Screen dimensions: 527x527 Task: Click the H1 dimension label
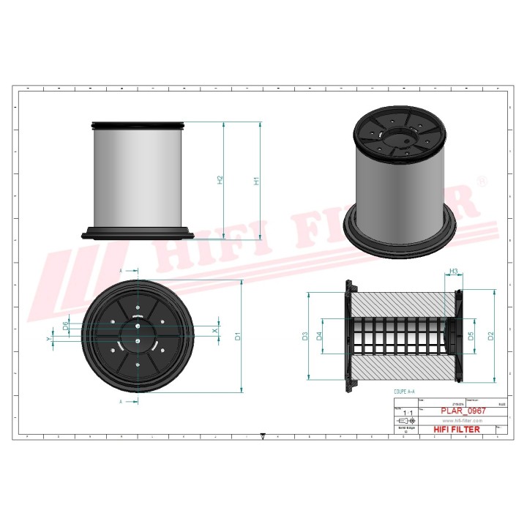pyautogui.click(x=257, y=180)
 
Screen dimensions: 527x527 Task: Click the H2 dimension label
pyautogui.click(x=220, y=179)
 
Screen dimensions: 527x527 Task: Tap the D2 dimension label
pyautogui.click(x=491, y=336)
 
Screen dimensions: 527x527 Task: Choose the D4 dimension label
pyautogui.click(x=319, y=336)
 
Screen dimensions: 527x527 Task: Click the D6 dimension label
pyautogui.click(x=66, y=325)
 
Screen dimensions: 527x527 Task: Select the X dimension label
pyautogui.click(x=214, y=332)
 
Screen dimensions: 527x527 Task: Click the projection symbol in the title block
pyautogui.click(x=403, y=422)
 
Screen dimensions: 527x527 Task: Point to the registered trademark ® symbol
pyautogui.click(x=482, y=180)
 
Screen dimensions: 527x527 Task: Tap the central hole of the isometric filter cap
pyautogui.click(x=400, y=135)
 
